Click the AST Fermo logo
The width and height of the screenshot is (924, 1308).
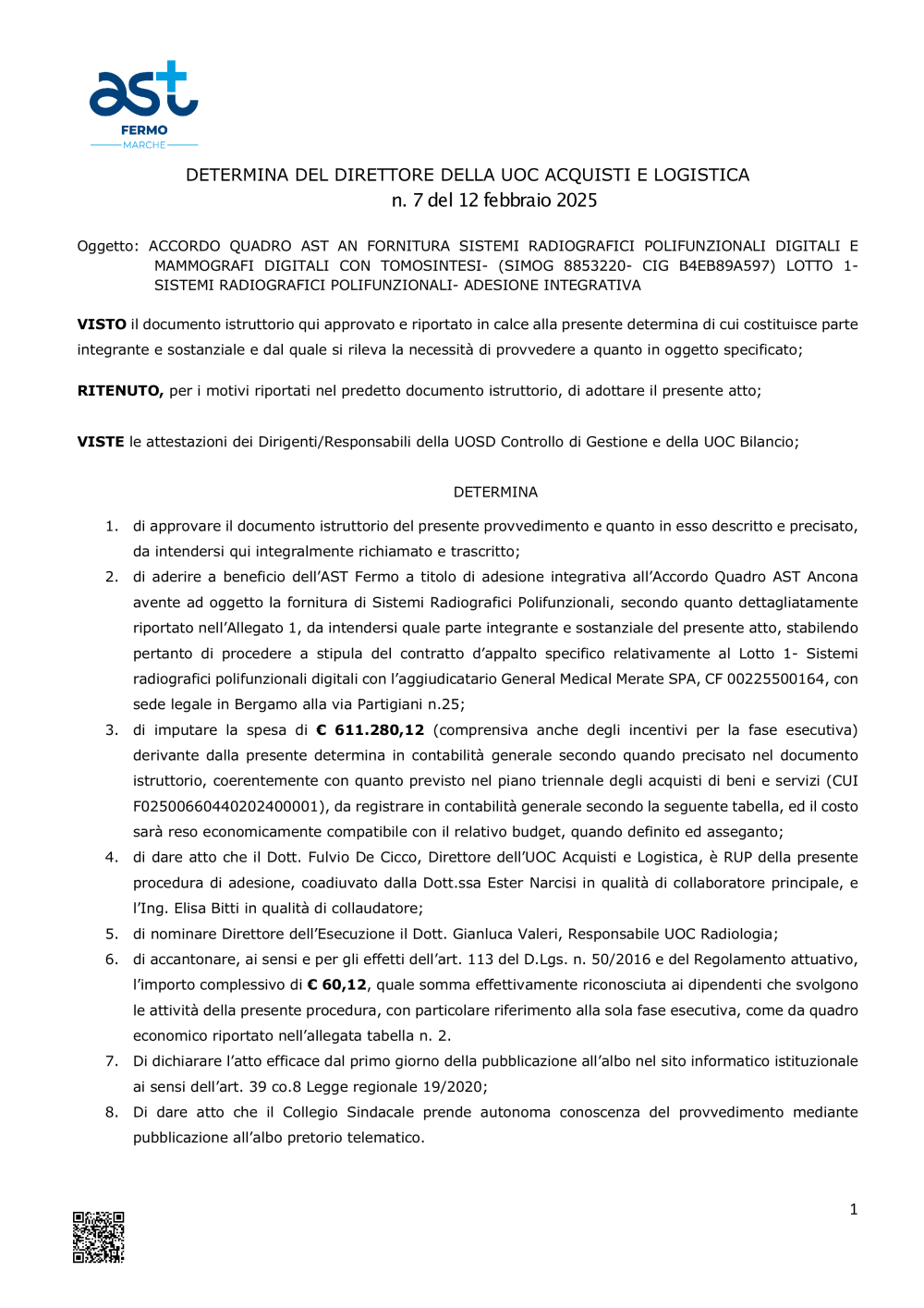(x=143, y=104)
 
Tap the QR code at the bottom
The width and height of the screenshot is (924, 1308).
(x=98, y=1236)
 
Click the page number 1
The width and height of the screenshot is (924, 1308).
(x=853, y=1209)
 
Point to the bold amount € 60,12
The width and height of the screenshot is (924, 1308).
(x=336, y=985)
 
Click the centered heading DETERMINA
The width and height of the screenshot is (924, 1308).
(x=495, y=493)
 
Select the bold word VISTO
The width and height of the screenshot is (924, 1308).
(x=102, y=324)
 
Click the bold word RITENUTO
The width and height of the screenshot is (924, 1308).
(x=120, y=391)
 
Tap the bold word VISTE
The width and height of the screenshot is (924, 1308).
(x=101, y=442)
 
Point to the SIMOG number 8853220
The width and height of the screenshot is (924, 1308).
(x=596, y=266)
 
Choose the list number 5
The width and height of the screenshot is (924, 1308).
(x=111, y=935)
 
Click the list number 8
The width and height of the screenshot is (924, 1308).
(x=111, y=1113)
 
